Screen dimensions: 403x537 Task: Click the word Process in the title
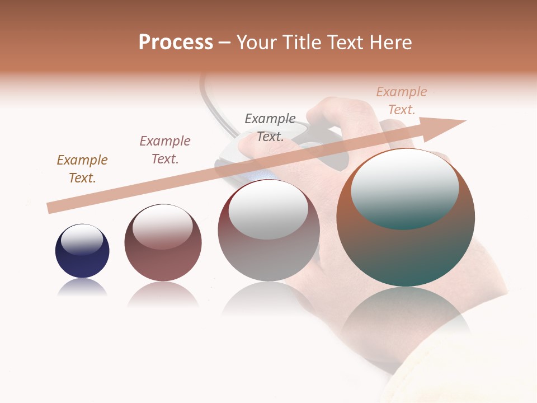176,43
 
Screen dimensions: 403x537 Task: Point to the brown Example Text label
82,169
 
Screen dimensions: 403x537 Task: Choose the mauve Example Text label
165,150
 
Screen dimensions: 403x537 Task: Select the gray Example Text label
270,127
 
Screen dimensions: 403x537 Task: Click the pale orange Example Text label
402,101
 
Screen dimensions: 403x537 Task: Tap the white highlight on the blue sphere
82,240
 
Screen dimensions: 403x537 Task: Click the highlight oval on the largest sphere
405,188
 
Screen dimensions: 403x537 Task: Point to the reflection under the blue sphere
82,288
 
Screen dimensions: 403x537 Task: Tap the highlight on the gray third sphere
268,210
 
